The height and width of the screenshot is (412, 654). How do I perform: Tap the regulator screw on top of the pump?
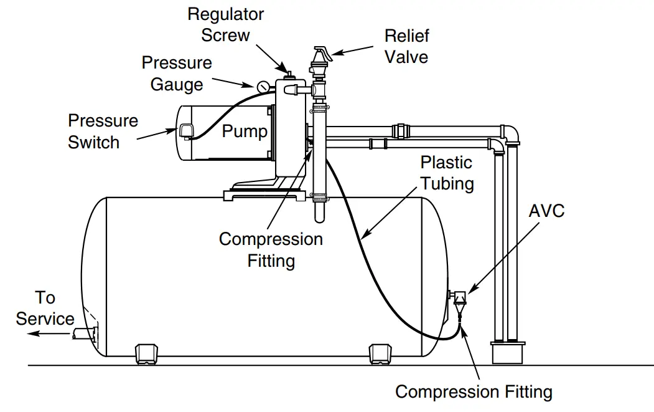[x=287, y=74]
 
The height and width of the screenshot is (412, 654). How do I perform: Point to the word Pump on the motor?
[x=245, y=132]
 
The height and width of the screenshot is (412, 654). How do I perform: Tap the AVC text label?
[x=546, y=211]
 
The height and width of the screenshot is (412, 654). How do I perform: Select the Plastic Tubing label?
[x=447, y=173]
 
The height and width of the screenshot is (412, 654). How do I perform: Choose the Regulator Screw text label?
[x=225, y=24]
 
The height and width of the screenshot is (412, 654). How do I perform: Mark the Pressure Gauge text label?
[x=177, y=74]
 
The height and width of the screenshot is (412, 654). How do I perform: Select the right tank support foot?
[x=380, y=352]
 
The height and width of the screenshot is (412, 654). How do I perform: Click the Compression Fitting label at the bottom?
[x=474, y=392]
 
